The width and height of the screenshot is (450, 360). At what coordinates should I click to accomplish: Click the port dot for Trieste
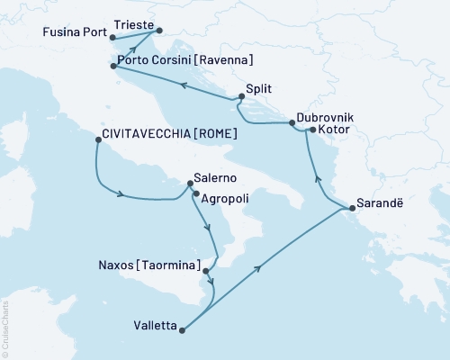click(x=159, y=32)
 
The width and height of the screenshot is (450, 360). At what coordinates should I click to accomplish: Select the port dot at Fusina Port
click(x=110, y=38)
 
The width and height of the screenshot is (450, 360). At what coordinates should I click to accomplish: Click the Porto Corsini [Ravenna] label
click(x=184, y=61)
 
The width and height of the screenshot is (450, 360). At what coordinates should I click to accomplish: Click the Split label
click(x=259, y=89)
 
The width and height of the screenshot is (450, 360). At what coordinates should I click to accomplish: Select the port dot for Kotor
click(x=311, y=130)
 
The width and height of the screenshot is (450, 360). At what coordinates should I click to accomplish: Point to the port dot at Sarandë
click(x=350, y=209)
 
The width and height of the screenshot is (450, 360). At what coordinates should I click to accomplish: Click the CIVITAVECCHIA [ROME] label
click(x=171, y=133)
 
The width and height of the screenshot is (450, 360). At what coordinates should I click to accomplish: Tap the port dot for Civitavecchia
click(x=97, y=139)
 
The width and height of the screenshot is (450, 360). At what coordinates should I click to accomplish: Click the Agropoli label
click(x=225, y=196)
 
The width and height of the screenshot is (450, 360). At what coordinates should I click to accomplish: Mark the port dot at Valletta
click(x=182, y=330)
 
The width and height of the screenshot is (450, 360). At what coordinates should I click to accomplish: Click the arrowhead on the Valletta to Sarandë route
click(x=260, y=267)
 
